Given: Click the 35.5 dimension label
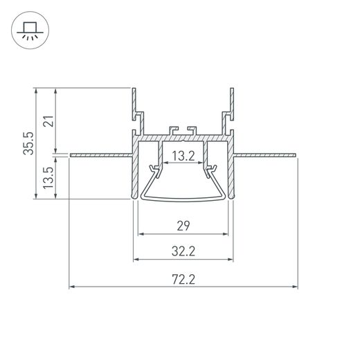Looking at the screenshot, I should pos(27,144).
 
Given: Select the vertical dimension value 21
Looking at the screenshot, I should pos(48,122).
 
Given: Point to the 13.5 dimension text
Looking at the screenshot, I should pos(48,178).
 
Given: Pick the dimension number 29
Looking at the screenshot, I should pos(183,226).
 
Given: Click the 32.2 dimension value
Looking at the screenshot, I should pos(183,251).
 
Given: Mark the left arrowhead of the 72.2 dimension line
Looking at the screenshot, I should pos(72,286).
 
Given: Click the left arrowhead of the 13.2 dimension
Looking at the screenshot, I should pos(165,164).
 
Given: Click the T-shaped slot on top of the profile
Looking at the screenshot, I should pos(183,130).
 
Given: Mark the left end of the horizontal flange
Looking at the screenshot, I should pos(72,154).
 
